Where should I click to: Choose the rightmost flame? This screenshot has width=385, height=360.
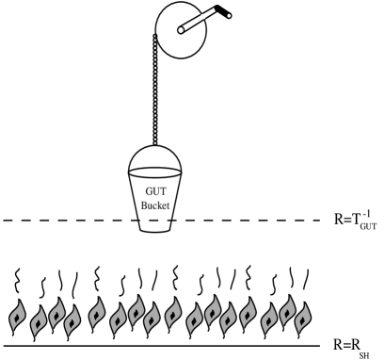[x=295, y=316]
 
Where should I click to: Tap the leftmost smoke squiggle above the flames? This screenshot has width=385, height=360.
[x=13, y=280]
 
